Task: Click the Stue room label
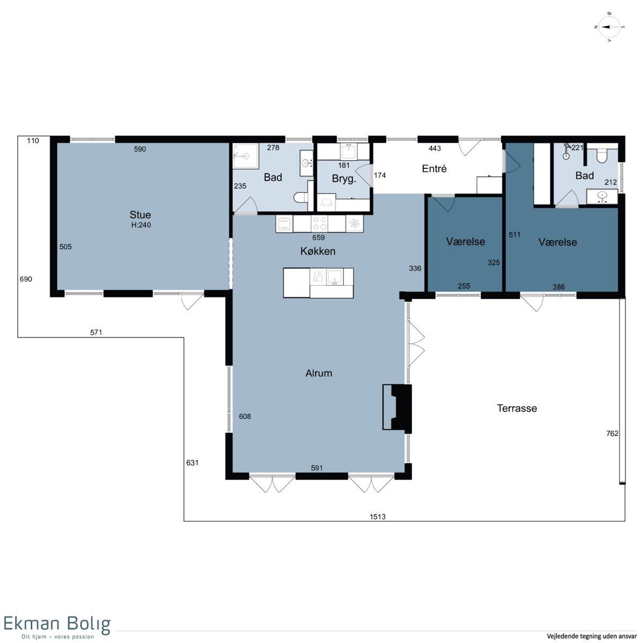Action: coord(140,214)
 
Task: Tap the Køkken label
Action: coord(318,251)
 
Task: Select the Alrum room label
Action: coord(319,373)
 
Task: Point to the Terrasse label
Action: coord(517,408)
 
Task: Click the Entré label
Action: coord(434,168)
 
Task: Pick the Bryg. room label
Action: coord(344,179)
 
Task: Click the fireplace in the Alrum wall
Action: coord(397,407)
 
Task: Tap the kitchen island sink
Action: coord(335,277)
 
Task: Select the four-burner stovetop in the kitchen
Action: coord(319,223)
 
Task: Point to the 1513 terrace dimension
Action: coord(377,517)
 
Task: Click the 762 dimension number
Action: coord(612,433)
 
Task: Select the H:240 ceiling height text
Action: coord(141,225)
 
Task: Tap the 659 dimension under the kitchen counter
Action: coord(318,237)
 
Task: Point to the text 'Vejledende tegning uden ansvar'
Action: coord(592,636)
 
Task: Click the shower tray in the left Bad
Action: coord(245,156)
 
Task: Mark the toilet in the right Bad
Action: coord(601,156)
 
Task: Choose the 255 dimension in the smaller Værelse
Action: coord(464,286)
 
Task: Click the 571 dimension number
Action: coord(96,332)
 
